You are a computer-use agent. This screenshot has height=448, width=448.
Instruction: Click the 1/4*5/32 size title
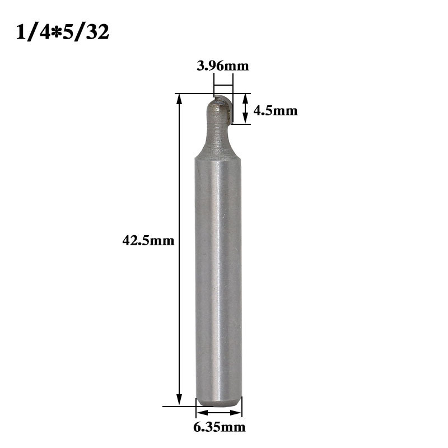pyautogui.click(x=62, y=32)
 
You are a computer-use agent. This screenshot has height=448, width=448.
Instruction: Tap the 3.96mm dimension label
pyautogui.click(x=223, y=66)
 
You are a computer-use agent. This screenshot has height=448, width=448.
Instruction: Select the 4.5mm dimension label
pyautogui.click(x=276, y=111)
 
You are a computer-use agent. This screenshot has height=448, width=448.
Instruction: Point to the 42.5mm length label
pyautogui.click(x=148, y=241)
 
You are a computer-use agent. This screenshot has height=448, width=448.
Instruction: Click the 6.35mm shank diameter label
pyautogui.click(x=219, y=427)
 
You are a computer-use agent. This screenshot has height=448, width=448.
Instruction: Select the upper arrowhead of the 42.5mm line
pyautogui.click(x=179, y=100)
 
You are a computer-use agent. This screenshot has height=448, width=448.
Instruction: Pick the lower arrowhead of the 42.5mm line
pyautogui.click(x=179, y=400)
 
